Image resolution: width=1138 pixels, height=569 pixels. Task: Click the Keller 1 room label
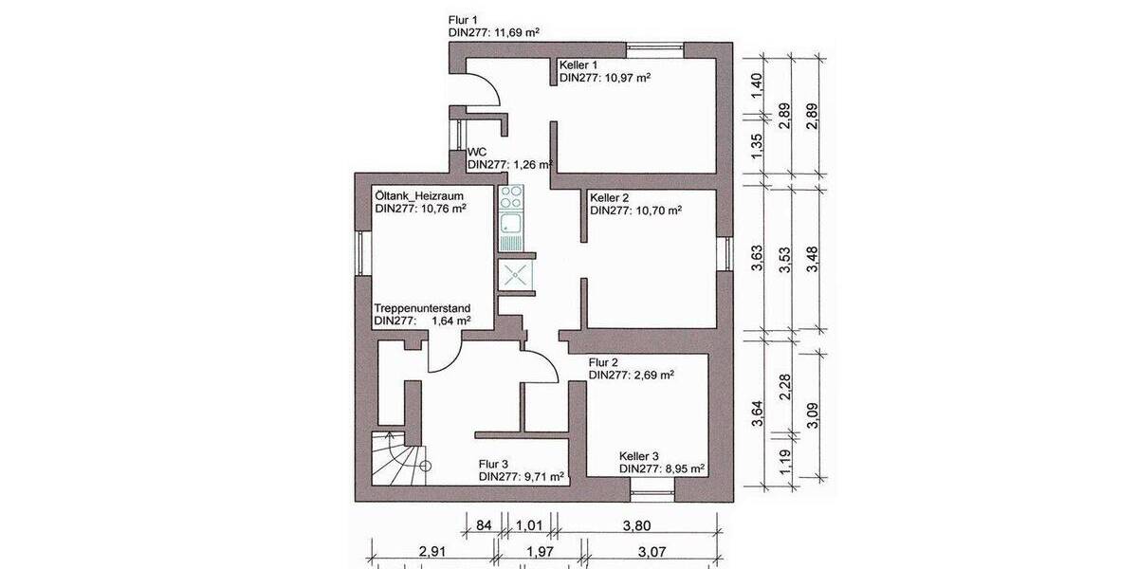(x=580, y=64)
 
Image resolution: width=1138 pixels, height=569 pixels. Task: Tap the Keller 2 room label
(x=610, y=197)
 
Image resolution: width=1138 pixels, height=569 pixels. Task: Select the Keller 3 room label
(x=639, y=455)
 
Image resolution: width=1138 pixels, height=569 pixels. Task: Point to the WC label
(x=477, y=151)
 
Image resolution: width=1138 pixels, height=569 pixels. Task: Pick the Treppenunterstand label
(x=422, y=308)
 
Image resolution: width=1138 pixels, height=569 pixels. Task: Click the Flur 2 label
(x=603, y=362)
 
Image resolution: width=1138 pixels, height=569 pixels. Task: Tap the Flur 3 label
(x=493, y=464)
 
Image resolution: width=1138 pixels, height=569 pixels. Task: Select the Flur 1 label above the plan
(x=464, y=19)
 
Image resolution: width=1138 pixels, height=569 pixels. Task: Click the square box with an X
(x=517, y=276)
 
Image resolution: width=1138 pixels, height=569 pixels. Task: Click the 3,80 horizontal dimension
(x=640, y=524)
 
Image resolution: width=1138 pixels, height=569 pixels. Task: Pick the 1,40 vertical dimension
(x=757, y=83)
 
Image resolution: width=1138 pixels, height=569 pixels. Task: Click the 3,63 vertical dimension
(x=757, y=259)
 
